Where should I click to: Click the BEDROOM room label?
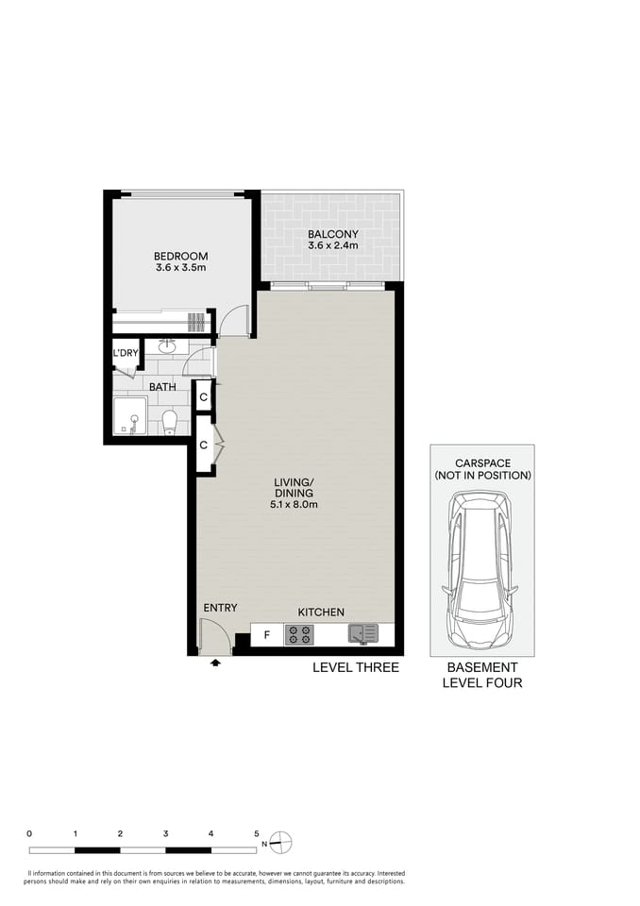tap(181, 256)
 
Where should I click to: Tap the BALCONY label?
tap(332, 234)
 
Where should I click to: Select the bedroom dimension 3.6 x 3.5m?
tap(181, 268)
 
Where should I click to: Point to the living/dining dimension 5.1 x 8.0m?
tap(294, 504)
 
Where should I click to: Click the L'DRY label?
tap(126, 354)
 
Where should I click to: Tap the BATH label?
tap(162, 386)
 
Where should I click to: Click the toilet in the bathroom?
tap(170, 420)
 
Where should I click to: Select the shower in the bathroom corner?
tap(129, 415)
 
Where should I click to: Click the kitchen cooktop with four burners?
tap(299, 634)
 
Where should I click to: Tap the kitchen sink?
tap(362, 633)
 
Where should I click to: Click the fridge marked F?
tap(266, 635)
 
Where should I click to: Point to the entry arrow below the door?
tap(216, 663)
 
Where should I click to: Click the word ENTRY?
tap(220, 608)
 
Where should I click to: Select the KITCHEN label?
tap(321, 612)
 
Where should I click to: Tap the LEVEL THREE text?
tap(356, 667)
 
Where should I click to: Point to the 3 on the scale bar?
tap(165, 833)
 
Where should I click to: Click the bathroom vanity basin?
tap(167, 345)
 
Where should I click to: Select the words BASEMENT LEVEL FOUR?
tap(481, 675)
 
